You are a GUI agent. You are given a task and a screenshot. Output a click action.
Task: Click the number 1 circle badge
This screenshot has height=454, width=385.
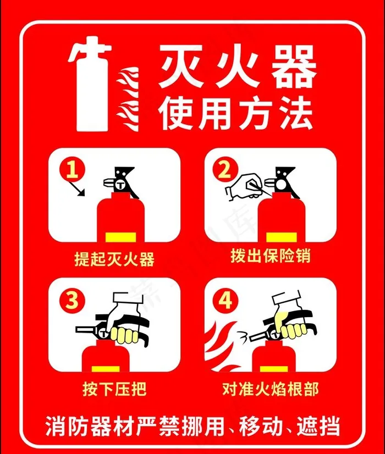pos(73,170)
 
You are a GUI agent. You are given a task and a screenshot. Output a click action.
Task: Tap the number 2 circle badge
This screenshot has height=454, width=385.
pos(226,170)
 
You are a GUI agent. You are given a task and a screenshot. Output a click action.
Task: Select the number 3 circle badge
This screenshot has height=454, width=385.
pos(73,300)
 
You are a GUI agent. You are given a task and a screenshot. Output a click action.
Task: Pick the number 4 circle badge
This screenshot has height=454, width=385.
pos(226,300)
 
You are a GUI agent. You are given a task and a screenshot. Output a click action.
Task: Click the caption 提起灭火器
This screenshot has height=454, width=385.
pos(114,258)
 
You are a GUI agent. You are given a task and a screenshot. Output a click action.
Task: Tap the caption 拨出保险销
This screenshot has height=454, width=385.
pos(271,256)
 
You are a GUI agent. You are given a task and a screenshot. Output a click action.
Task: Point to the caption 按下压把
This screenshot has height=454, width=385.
pos(114,389)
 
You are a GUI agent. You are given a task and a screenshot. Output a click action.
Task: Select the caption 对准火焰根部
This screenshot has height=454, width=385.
pos(271,389)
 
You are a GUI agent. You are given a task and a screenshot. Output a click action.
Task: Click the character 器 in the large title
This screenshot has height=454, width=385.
pos(293,68)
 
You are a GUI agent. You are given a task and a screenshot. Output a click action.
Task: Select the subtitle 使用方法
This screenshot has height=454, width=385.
pos(235,113)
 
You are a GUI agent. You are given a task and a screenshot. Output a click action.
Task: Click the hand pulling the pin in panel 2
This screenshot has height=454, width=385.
pos(245,187)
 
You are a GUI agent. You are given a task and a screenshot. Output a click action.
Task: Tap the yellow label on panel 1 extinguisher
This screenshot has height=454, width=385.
pos(121,237)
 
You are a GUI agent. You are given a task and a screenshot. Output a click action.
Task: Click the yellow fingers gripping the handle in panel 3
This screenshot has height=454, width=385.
pos(126,335)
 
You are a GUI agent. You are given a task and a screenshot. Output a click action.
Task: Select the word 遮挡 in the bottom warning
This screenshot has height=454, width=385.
pos(318,426)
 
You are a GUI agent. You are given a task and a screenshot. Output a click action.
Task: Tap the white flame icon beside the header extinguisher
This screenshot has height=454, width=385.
pos(128,99)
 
